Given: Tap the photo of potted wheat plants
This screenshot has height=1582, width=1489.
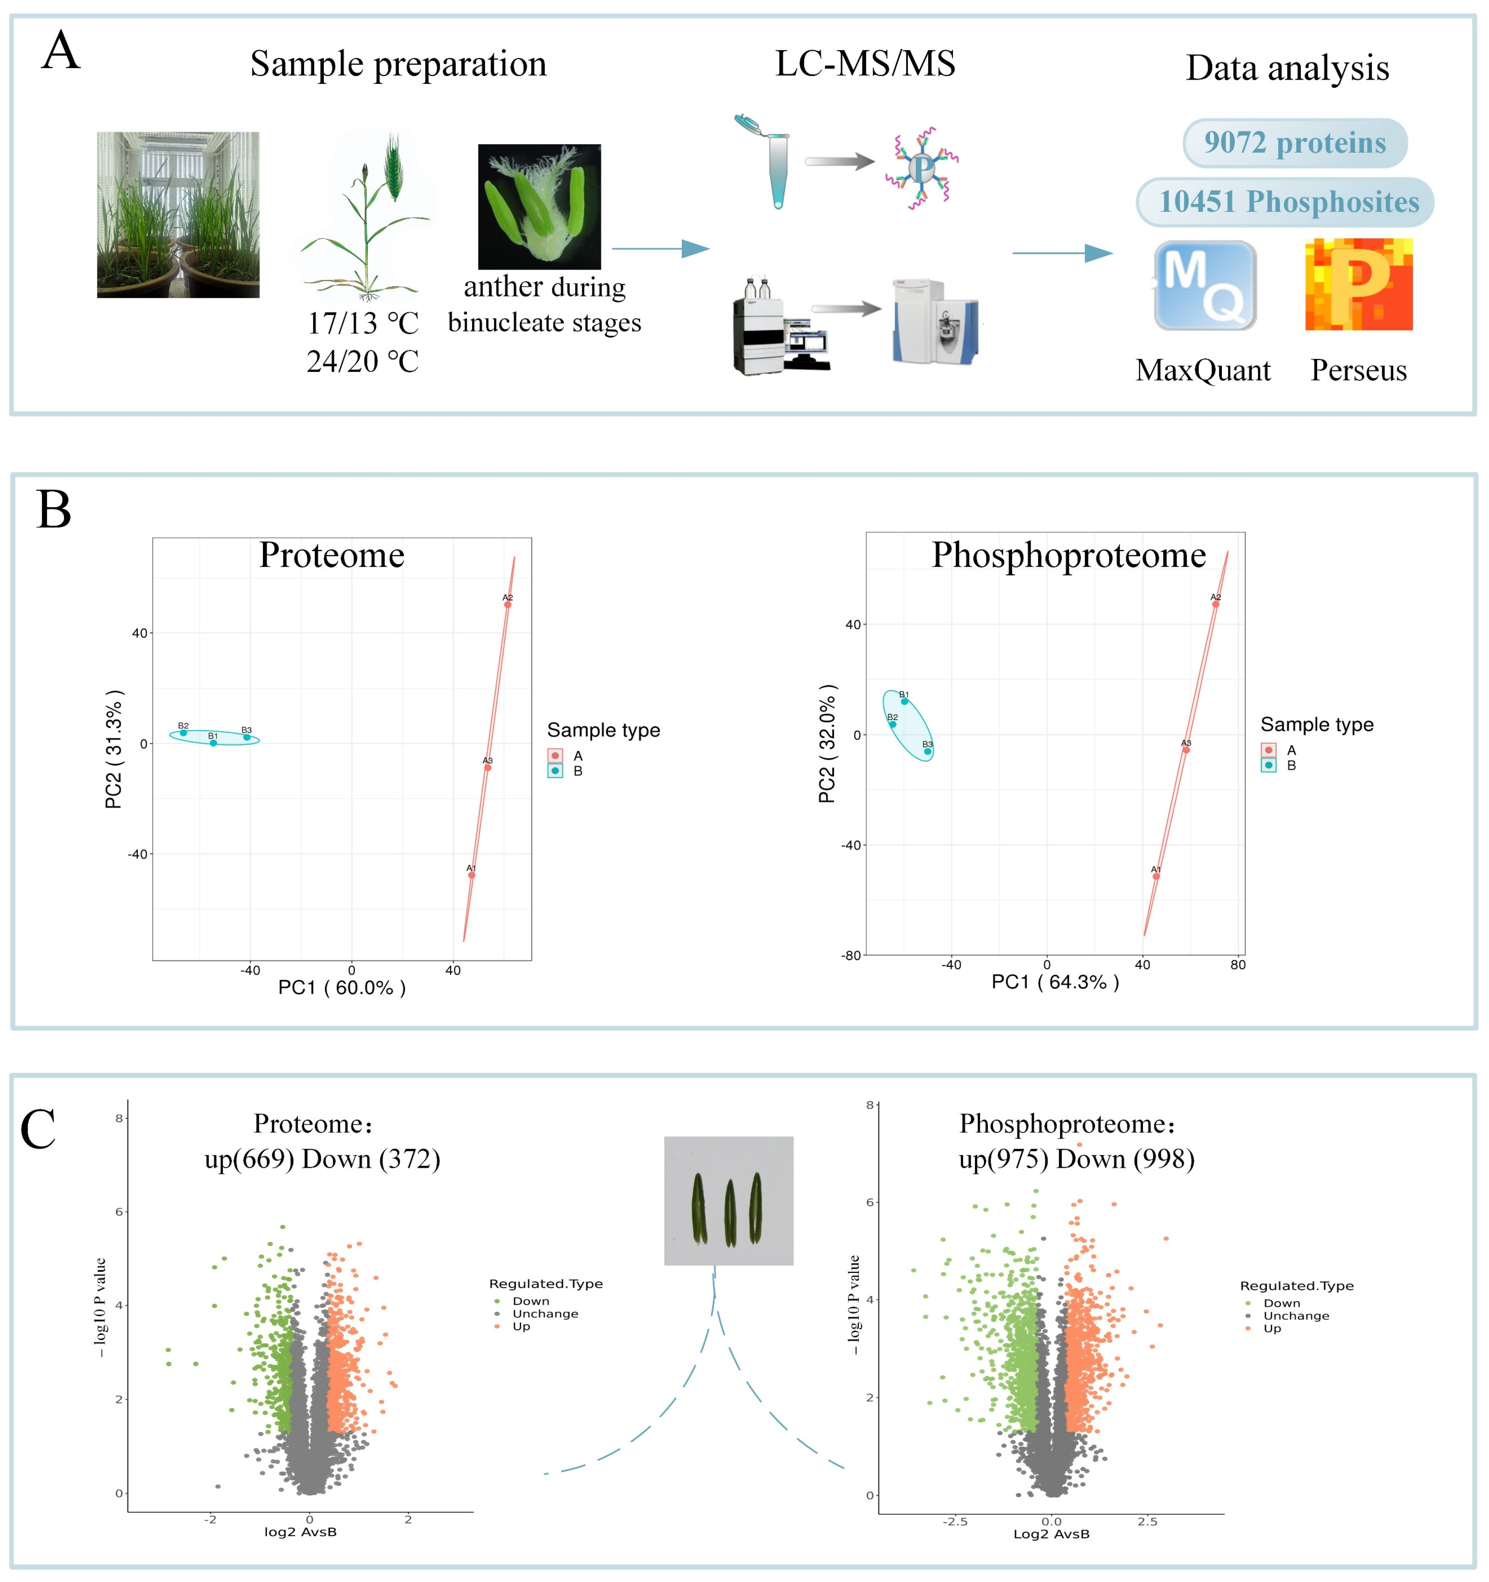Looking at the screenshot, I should point(178,215).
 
